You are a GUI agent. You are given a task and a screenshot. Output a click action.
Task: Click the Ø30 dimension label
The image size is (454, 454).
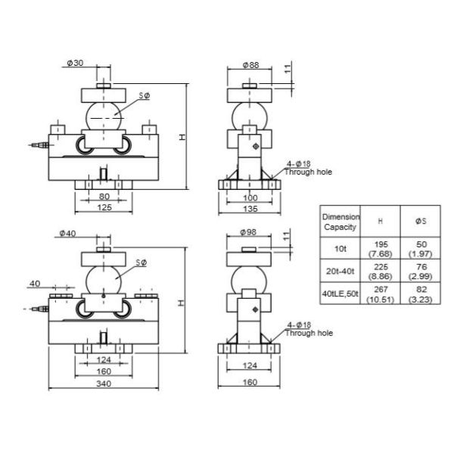[x=74, y=64]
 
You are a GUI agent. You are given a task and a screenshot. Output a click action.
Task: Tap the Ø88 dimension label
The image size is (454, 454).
[x=250, y=65]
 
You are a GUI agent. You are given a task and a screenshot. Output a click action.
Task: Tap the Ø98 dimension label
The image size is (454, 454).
[x=250, y=232]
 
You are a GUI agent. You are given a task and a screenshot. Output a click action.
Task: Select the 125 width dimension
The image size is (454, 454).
[x=104, y=207]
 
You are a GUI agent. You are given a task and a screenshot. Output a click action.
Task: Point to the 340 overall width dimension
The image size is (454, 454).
[x=104, y=384]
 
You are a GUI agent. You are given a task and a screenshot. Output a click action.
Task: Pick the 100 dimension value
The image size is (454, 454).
[x=250, y=197]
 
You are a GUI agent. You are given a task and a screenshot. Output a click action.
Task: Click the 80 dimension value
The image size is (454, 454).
[x=104, y=197]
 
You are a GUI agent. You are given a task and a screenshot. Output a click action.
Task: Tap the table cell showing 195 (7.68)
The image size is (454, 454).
[x=380, y=248]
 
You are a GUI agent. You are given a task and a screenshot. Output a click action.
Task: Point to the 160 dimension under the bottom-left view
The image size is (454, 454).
[x=104, y=372]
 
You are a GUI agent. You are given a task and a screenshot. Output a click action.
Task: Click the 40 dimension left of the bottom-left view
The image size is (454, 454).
[x=35, y=284]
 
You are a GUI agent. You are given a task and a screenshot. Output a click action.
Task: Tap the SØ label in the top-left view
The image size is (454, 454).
[x=143, y=95]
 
